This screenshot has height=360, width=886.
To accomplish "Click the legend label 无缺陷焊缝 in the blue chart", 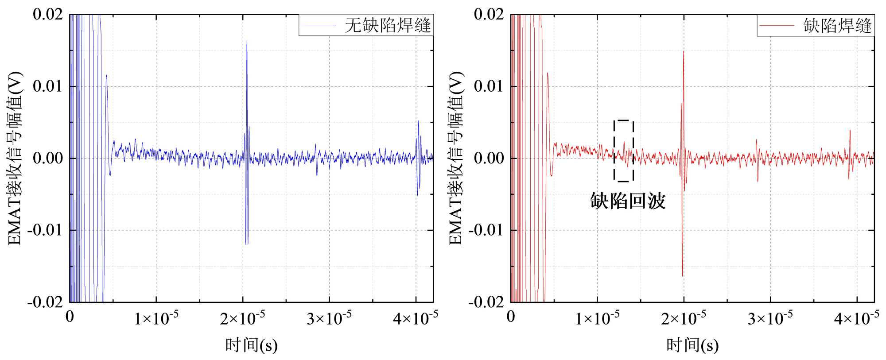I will pos(387,25).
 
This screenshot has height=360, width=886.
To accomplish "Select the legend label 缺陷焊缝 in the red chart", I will pos(837,26).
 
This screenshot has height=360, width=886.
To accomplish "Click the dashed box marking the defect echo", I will pos(623,151).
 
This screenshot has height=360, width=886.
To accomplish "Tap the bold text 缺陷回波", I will pos(628,201).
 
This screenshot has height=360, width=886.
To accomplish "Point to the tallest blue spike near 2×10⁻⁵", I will pos(247,43).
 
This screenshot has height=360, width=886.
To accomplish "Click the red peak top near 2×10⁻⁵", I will pos(684,52).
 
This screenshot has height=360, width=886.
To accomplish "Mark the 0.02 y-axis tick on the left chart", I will pos(48,14).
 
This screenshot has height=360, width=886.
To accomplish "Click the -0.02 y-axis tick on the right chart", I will pos(486,302).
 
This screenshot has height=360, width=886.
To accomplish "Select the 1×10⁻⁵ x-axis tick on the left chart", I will pos(156,318).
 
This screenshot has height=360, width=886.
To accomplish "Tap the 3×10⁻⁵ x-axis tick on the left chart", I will pos(329,318).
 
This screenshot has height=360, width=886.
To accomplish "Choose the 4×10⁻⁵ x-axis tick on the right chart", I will pos(856,318).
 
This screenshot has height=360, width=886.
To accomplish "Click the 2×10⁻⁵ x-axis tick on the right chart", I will pos(684,318).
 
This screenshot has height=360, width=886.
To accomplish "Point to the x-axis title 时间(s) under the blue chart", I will pos(251,345).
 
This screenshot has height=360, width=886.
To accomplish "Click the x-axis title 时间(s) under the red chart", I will pos(692,345).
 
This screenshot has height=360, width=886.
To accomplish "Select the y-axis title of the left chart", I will pos(14,158).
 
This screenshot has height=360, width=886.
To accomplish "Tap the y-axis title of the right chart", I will pos(455,158).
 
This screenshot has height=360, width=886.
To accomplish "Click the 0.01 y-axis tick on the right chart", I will pos(489,86).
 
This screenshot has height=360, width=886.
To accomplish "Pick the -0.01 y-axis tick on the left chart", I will pos(45,230).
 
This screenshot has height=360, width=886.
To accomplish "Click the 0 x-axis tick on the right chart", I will pos(511,317).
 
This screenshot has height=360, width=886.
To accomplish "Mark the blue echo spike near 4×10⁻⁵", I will pos(418,122).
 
